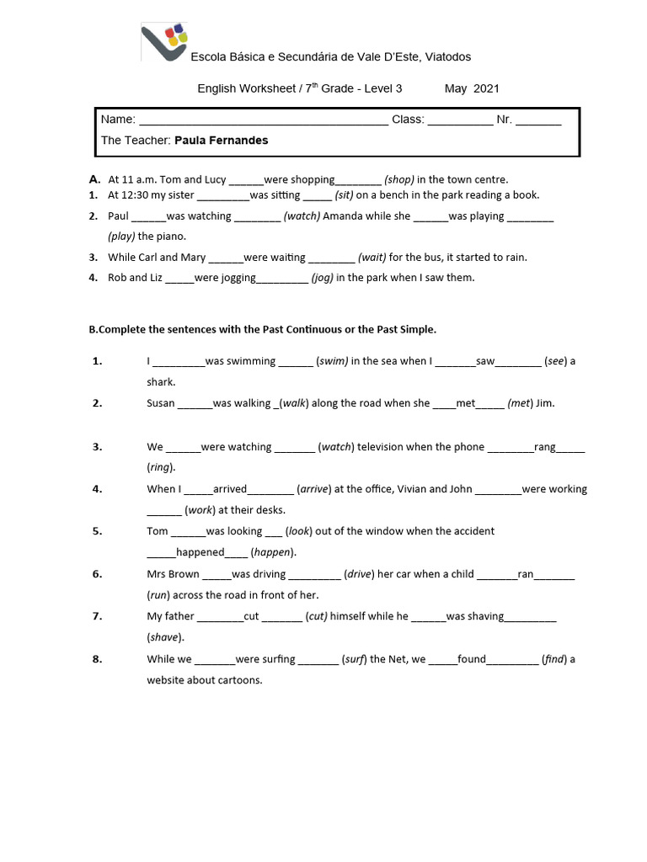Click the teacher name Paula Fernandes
[x=221, y=141]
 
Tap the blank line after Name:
[x=262, y=120]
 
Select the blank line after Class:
[x=460, y=120]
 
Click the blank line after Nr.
[x=537, y=120]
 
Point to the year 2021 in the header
[x=486, y=88]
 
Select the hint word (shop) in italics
[x=399, y=179]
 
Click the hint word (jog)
[x=322, y=278]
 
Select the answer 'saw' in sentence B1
[x=485, y=361]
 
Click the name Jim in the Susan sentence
[x=545, y=403]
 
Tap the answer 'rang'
[x=544, y=447]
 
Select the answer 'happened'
[x=200, y=552]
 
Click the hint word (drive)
[x=360, y=574]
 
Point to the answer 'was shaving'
[x=475, y=616]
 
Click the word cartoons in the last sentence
[x=241, y=679]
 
